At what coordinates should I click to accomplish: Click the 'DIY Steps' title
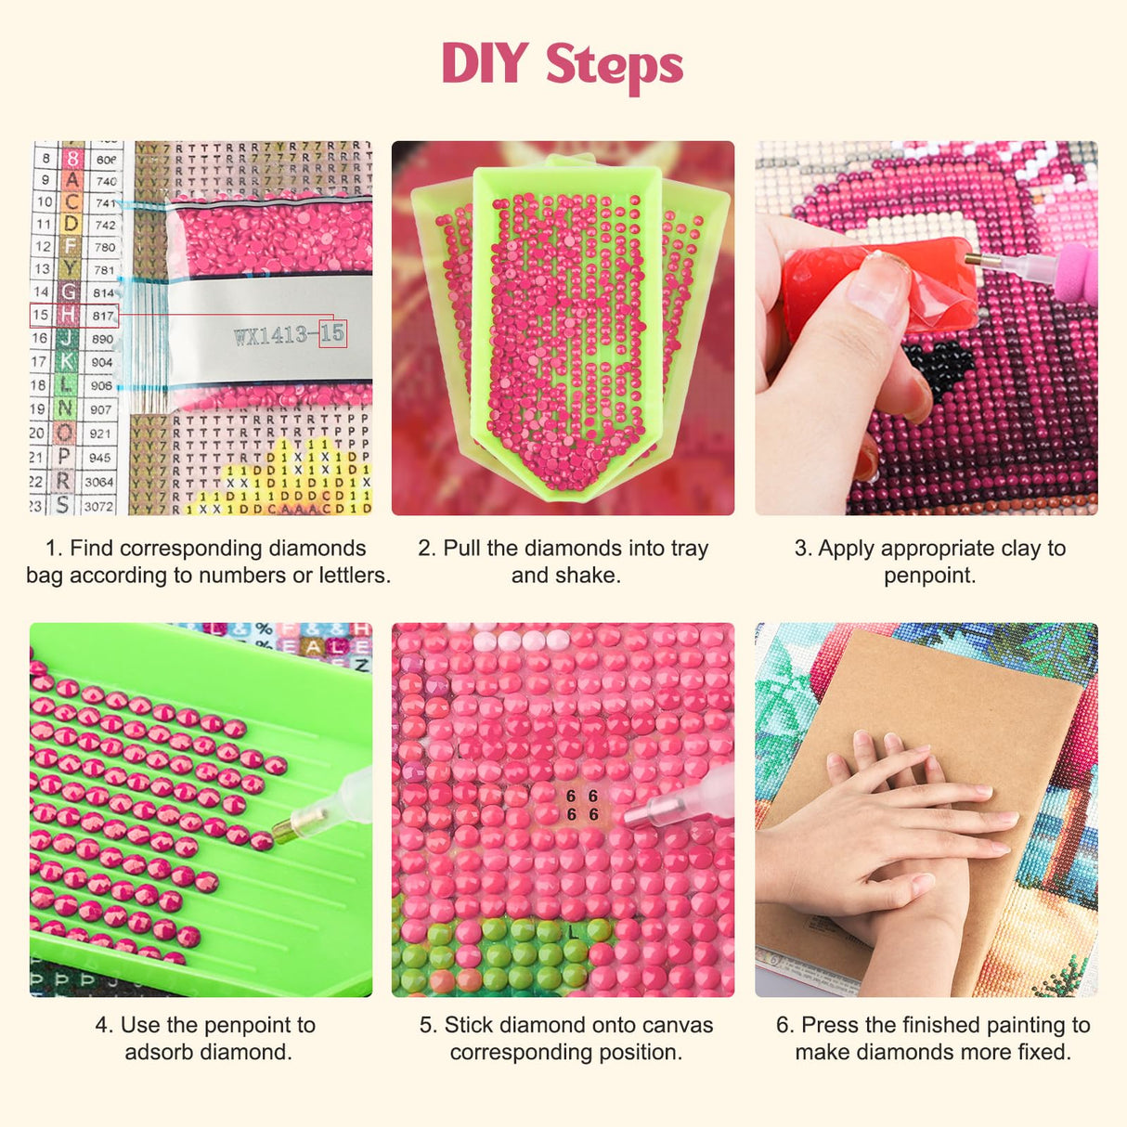coord(563,65)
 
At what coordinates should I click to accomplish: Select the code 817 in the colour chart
coord(103,316)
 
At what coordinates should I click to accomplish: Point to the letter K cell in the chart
coord(65,362)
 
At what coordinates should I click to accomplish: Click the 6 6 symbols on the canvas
coord(582,806)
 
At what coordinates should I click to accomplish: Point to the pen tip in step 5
coord(641,814)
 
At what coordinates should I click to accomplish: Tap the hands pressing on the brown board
coord(891,836)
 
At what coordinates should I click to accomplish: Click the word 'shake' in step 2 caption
coord(591,576)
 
